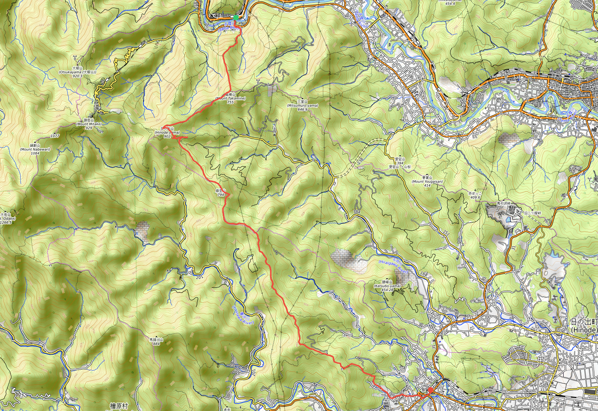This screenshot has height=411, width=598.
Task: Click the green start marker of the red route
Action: click(x=235, y=17)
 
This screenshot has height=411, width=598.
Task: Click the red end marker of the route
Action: click(x=431, y=390)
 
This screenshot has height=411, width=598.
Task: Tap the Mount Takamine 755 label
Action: click(x=230, y=99)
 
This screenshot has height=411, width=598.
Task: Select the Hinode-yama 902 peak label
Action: click(x=167, y=133)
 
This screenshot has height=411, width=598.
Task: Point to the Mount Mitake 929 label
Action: click(x=89, y=124)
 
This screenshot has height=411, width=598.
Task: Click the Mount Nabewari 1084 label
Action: click(x=35, y=149)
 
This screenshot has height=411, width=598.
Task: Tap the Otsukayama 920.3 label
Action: click(x=77, y=72)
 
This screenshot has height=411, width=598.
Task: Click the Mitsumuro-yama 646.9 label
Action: click(x=302, y=106)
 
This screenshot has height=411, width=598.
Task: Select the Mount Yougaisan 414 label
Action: click(x=427, y=182)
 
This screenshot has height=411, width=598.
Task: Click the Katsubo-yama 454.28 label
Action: click(x=387, y=286)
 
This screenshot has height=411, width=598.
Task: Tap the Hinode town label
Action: click(x=584, y=326)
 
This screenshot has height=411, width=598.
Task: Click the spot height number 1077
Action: click(x=55, y=136)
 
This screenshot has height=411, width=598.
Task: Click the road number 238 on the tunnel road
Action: click(x=360, y=160)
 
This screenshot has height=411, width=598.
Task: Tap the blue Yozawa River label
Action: click(x=243, y=315)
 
